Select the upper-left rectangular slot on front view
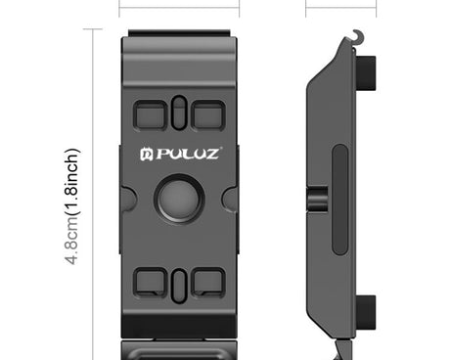(x=152, y=113)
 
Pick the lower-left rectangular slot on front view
(x=152, y=282)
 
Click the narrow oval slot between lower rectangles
(x=179, y=283)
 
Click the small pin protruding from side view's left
(x=315, y=200)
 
